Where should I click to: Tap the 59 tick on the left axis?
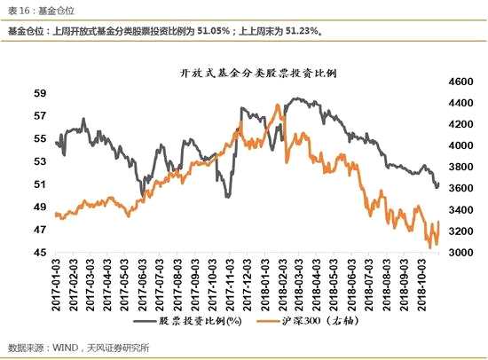coord(40,92)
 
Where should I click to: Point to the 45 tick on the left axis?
coord(40,253)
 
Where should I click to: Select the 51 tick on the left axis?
coord(40,184)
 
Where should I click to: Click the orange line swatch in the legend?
coord(267,320)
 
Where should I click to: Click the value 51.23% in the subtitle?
coord(303,31)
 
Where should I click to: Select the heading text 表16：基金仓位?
coord(31,10)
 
